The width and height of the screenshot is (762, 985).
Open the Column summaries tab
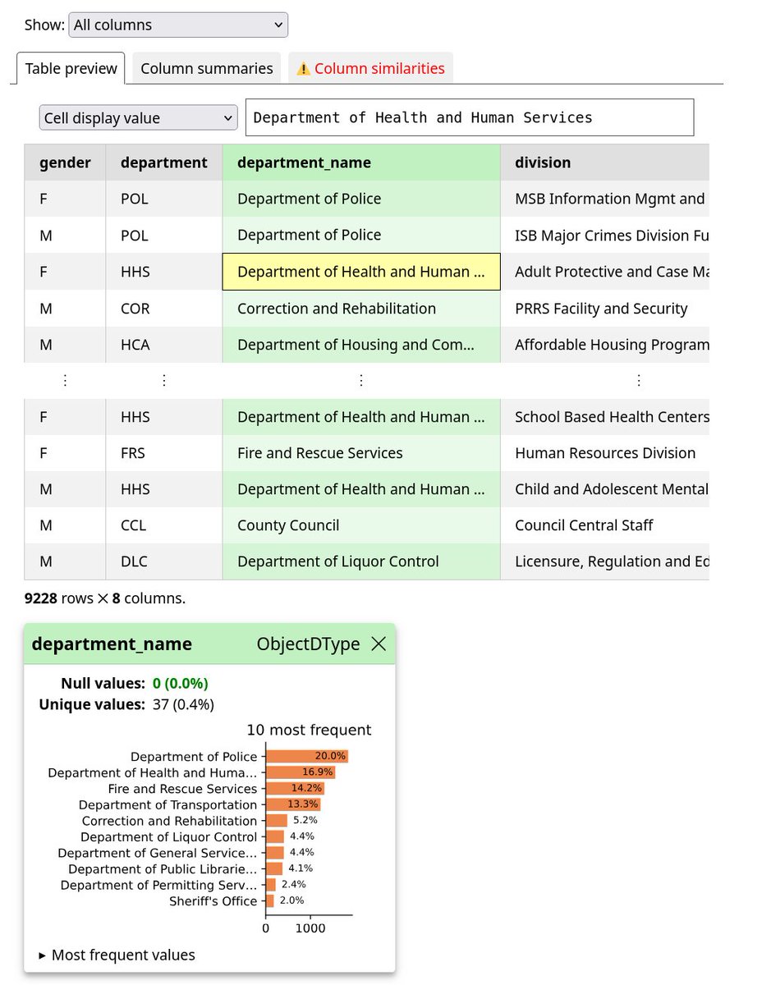[206, 69]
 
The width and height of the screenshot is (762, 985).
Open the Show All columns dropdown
[178, 25]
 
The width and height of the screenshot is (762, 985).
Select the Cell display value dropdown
[138, 118]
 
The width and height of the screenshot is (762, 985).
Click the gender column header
[65, 163]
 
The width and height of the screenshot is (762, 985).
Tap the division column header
[543, 163]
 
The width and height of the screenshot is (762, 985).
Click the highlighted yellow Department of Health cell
[360, 272]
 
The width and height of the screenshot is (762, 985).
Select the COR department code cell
[135, 309]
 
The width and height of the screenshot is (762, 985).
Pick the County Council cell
[288, 525]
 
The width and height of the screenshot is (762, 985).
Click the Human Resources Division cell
[604, 453]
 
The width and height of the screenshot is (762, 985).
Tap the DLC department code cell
[135, 561]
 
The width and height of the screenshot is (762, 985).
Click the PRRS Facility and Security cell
[600, 309]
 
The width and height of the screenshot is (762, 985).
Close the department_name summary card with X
[379, 644]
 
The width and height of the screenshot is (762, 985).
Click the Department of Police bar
[305, 757]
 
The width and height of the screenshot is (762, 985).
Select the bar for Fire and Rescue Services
[294, 789]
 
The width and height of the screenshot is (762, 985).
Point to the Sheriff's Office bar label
[213, 900]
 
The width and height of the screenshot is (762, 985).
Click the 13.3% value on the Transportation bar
[304, 804]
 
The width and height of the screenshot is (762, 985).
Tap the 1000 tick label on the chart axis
[310, 928]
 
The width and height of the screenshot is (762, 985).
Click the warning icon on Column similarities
[303, 69]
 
